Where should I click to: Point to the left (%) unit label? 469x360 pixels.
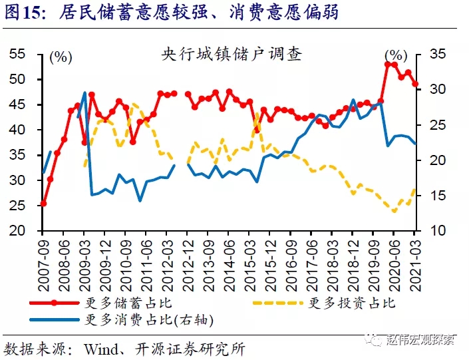61,57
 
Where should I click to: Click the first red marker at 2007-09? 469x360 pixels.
43,204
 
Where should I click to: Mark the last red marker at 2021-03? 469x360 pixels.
415,84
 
